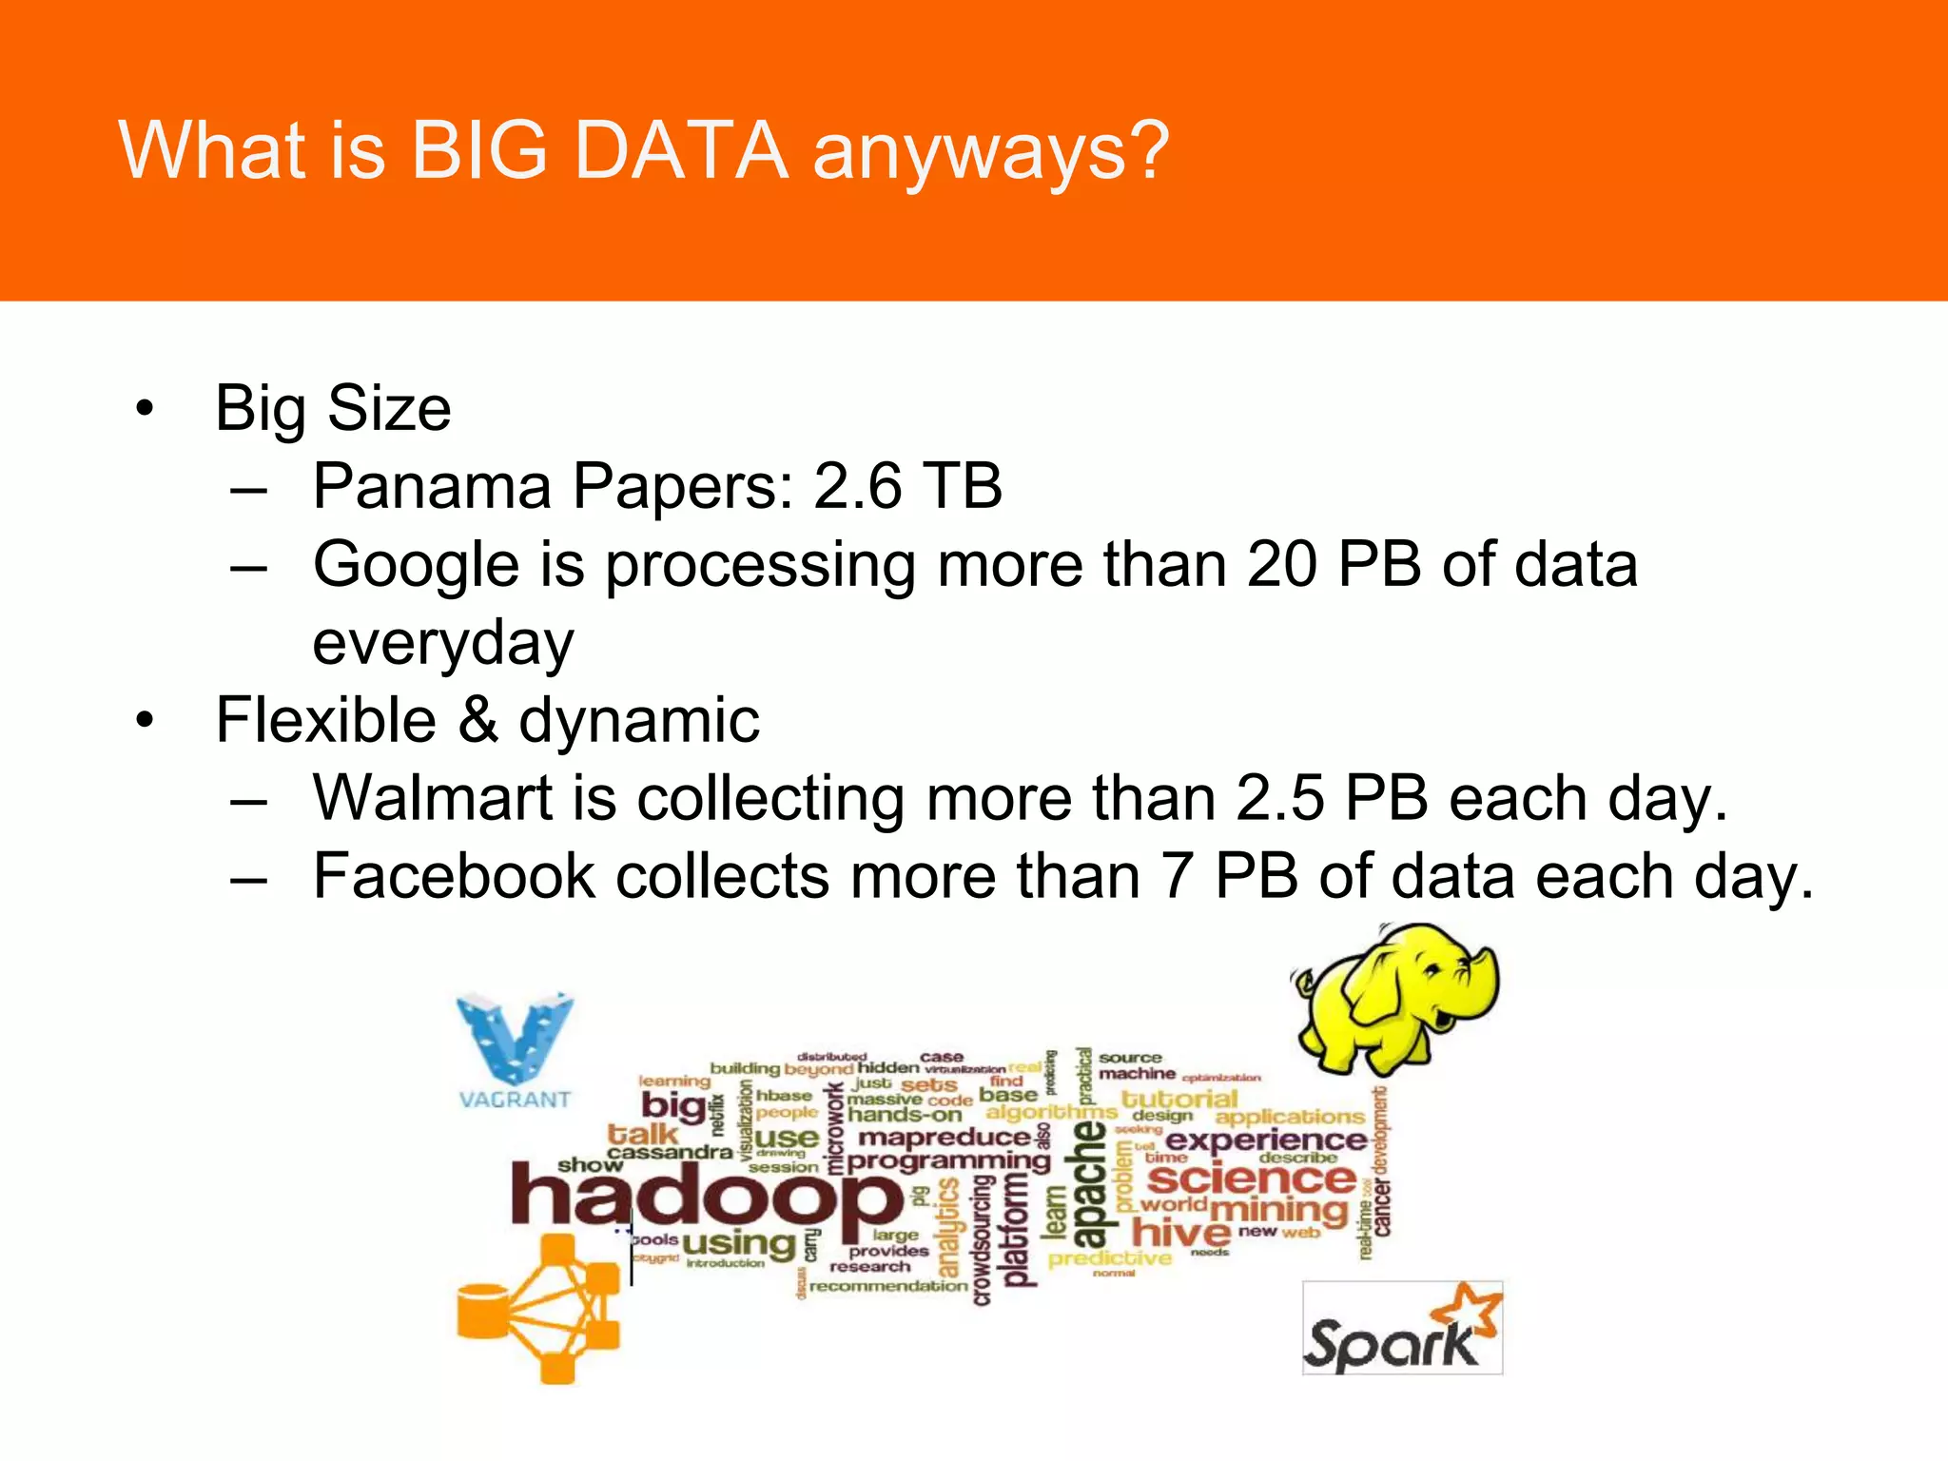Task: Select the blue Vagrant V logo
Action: pos(516,1039)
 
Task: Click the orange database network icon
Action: pos(537,1308)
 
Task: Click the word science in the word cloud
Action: pos(1251,1179)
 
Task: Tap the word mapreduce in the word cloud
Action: pos(944,1138)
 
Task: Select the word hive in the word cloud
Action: pos(1180,1234)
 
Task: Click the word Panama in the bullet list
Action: pos(432,486)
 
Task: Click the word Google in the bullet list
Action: pos(416,565)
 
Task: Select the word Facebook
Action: pos(454,876)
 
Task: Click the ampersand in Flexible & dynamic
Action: pos(478,719)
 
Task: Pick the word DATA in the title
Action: pos(680,151)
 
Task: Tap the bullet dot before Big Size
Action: pos(144,409)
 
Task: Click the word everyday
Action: pos(443,643)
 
